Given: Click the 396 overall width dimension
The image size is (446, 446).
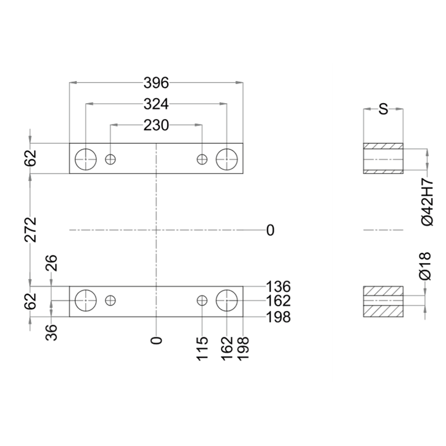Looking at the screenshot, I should (156, 83).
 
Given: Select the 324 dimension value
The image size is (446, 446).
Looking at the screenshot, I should (156, 104).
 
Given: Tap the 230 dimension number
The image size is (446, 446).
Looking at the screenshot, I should (156, 125).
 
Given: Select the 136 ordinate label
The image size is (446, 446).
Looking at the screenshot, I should (279, 287).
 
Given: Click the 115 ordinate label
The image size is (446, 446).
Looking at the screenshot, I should (202, 348).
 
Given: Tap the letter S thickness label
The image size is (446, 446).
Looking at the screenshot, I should (383, 109).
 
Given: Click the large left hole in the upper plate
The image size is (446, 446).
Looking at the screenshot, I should (86, 159).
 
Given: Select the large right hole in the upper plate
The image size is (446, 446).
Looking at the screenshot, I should (226, 159).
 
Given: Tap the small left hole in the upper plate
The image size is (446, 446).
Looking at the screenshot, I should (110, 159).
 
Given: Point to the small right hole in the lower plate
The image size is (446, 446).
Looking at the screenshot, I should (202, 300).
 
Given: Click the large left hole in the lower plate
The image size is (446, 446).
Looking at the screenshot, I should (86, 300).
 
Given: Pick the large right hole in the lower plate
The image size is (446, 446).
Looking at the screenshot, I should (226, 300).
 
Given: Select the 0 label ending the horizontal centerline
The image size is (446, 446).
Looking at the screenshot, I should (270, 230).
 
